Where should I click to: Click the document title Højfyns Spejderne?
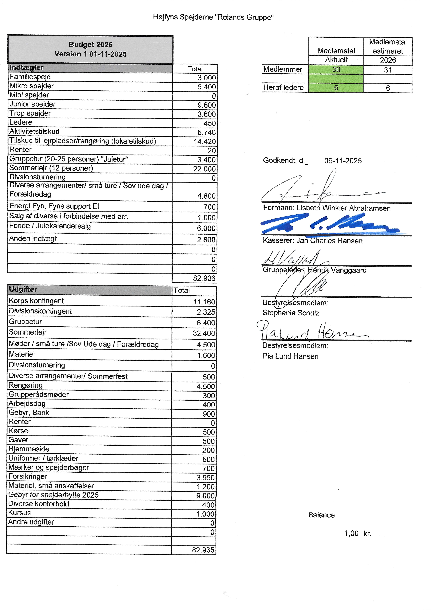coord(213,17)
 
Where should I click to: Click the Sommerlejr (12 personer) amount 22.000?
coord(204,169)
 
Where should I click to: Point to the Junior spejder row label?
coord(32,104)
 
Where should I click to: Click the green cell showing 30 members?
coord(336,70)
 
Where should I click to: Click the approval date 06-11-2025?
coord(343,161)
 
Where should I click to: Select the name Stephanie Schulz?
coord(291,313)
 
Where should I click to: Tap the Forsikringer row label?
coord(28,476)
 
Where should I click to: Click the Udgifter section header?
coord(23,289)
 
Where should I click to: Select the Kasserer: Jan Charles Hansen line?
coord(313,241)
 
